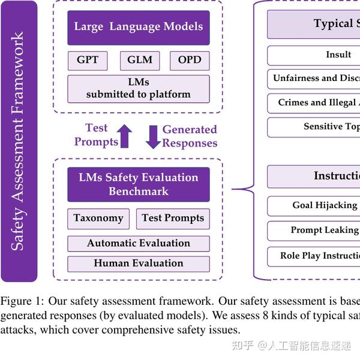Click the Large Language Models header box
click(139, 27)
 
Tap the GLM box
click(140, 60)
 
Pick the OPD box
click(190, 60)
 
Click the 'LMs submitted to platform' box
click(139, 88)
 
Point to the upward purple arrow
click(125, 136)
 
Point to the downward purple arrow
click(153, 136)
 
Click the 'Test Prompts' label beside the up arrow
click(96, 135)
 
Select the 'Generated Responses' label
click(190, 136)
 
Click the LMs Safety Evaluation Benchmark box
click(139, 184)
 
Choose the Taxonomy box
click(98, 218)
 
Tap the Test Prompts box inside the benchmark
click(173, 218)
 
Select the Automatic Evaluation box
click(139, 244)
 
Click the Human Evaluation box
click(139, 263)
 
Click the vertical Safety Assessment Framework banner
click(19, 141)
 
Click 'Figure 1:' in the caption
click(22, 301)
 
